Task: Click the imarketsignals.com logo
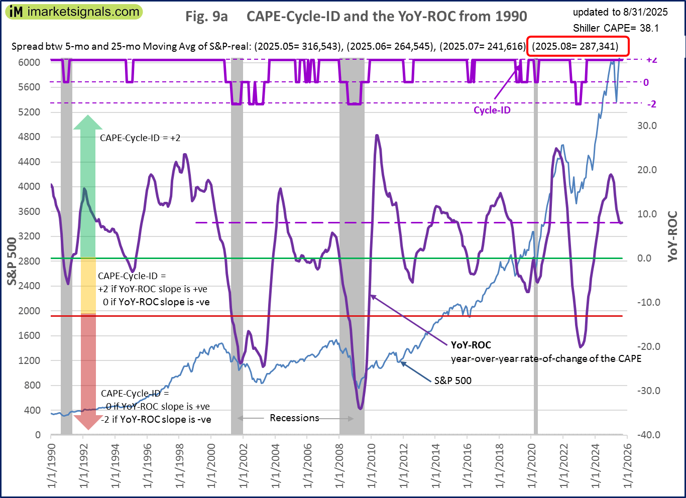click(x=75, y=12)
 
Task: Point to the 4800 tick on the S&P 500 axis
click(x=30, y=137)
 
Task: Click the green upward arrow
click(x=88, y=186)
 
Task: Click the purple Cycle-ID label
click(x=492, y=110)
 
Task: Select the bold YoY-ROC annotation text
click(x=471, y=345)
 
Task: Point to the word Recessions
click(x=294, y=418)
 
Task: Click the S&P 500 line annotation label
click(x=452, y=381)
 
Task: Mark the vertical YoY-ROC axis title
click(x=672, y=236)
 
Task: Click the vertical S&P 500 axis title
click(x=12, y=261)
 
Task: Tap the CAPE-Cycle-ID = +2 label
click(x=140, y=138)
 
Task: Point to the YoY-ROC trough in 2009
click(x=360, y=408)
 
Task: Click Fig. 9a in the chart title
click(x=206, y=17)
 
